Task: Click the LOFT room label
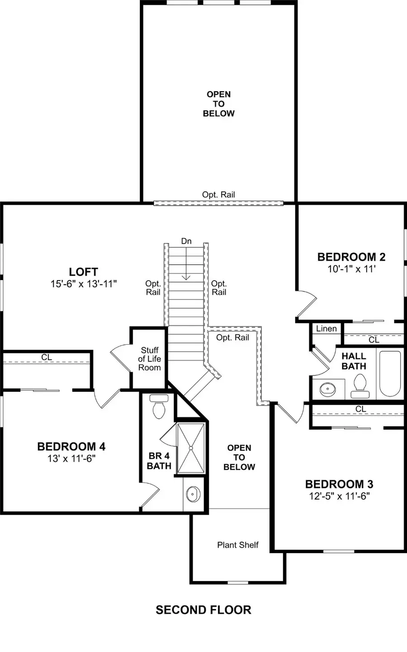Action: (83, 272)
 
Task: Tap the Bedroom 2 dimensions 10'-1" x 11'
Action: (352, 269)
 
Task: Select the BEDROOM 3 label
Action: (339, 484)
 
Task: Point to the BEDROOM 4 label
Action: (71, 446)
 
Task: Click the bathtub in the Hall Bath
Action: (389, 373)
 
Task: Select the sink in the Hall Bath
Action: (327, 389)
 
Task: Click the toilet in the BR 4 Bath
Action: (158, 408)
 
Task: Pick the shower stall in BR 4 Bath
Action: (190, 448)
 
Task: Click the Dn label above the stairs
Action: (186, 241)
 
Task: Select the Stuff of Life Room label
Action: (150, 359)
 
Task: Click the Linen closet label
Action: (327, 328)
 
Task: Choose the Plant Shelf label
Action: (238, 545)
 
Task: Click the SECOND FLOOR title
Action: (203, 610)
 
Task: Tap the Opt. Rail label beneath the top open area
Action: (218, 195)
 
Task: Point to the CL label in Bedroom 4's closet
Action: (47, 357)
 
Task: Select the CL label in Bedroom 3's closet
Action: (360, 409)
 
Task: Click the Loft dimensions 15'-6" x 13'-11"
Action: (84, 284)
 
